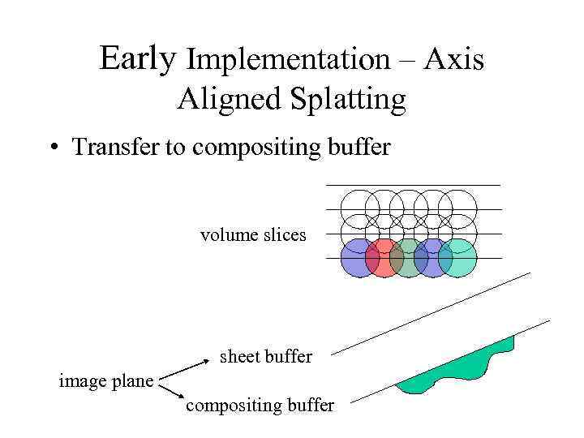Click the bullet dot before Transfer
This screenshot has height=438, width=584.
(x=54, y=148)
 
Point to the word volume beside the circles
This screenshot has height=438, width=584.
(x=228, y=235)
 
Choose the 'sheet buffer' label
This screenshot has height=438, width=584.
(x=266, y=356)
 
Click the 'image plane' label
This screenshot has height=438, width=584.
(x=106, y=380)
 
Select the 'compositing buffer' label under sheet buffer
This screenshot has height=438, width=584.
(x=260, y=406)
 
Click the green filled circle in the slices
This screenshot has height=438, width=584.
(x=407, y=258)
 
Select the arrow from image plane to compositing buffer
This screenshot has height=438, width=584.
(x=173, y=392)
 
